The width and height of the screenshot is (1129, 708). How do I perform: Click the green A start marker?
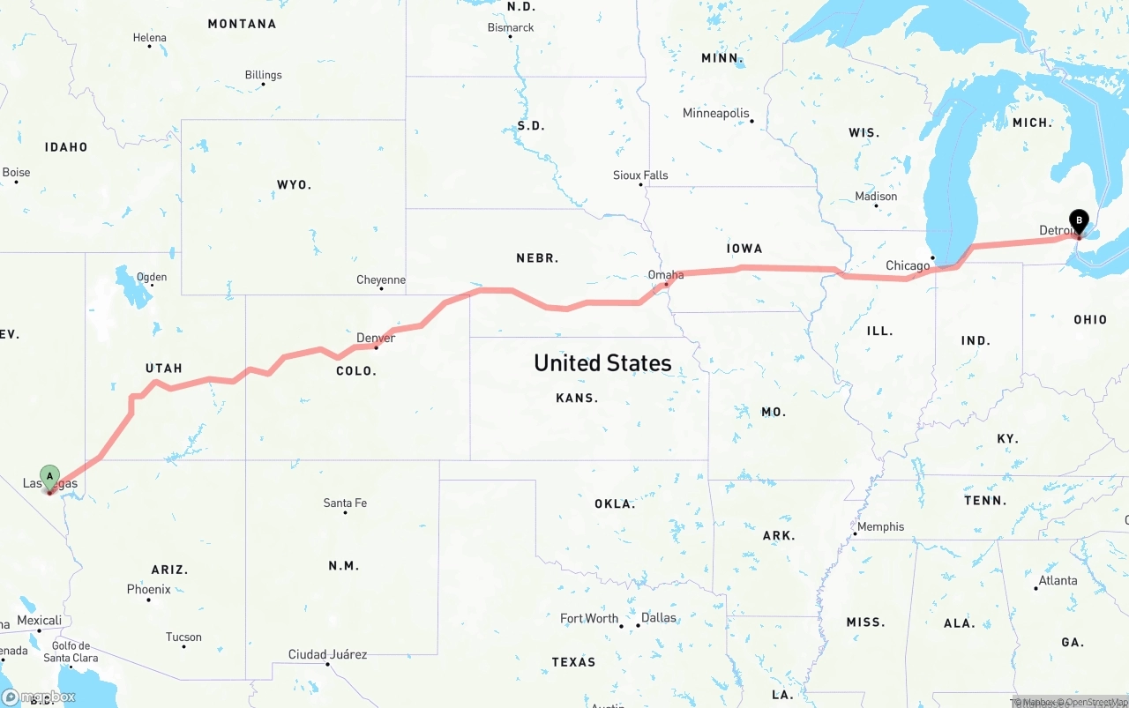pos(50,477)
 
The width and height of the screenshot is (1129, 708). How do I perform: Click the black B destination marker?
pos(1078,221)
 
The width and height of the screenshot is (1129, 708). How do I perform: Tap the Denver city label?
pos(376,338)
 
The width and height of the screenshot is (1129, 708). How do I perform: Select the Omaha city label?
pos(666,275)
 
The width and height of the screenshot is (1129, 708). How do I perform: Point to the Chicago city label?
pos(908,265)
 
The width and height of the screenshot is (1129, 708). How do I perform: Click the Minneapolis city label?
pos(715,113)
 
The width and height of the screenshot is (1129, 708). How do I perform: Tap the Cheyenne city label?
pos(381,279)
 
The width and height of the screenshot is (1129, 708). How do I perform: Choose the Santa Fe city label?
pos(345,503)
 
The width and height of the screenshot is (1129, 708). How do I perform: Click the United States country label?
pos(602,362)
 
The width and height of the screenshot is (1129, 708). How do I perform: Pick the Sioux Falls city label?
pos(640,175)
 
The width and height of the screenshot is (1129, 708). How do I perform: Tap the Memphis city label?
pos(880,526)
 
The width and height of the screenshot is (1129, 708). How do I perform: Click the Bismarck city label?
pos(511,27)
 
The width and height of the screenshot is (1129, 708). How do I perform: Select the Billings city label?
pos(264,75)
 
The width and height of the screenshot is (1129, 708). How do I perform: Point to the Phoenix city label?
pos(148,589)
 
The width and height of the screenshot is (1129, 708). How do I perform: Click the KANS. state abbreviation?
pos(577,398)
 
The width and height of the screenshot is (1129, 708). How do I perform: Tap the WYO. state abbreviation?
pos(294,184)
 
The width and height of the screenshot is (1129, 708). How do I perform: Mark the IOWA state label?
pos(744,249)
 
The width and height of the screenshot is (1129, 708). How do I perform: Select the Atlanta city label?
pos(1058,580)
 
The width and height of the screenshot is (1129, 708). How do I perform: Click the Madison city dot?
pos(876,205)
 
